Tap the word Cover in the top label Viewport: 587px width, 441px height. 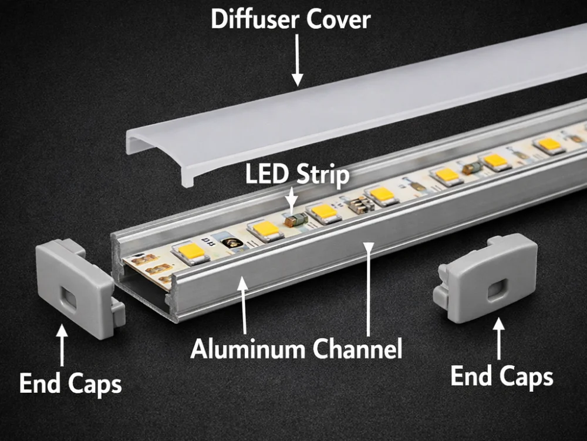tap(339, 19)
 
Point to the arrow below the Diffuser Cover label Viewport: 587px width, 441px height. tap(297, 59)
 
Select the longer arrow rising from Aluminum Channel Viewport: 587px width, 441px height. tap(368, 288)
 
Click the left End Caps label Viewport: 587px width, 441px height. tap(70, 383)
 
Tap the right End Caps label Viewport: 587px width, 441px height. tap(501, 376)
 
